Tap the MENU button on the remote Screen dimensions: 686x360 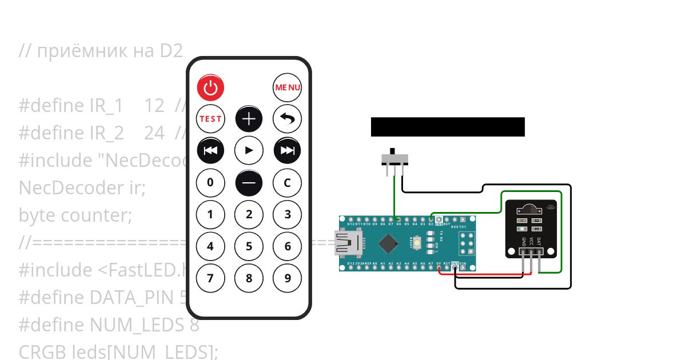point(287,87)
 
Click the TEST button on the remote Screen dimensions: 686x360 point(210,119)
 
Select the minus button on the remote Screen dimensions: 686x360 point(249,183)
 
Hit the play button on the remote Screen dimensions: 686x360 point(249,151)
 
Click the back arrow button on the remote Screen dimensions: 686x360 point(287,119)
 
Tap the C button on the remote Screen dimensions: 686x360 point(287,183)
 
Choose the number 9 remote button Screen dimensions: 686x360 point(287,278)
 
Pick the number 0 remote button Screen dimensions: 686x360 point(210,183)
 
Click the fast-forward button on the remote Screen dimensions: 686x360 point(287,151)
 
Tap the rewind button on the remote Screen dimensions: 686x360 point(210,151)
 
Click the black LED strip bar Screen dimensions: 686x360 point(448,127)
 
